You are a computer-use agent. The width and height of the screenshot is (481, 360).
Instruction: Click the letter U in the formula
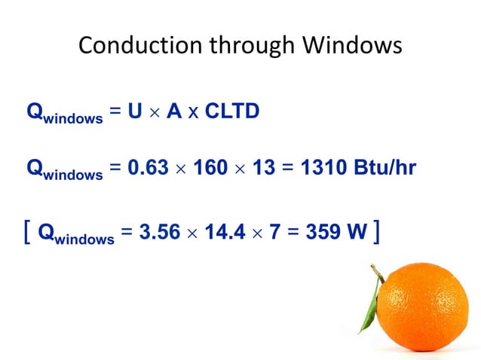(x=135, y=111)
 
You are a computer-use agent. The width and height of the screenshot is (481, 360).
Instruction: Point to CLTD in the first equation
(x=232, y=111)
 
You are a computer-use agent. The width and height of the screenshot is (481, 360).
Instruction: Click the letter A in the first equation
(x=174, y=111)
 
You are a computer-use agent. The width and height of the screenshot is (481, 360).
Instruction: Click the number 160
(x=210, y=167)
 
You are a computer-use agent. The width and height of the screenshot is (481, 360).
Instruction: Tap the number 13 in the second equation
(x=264, y=167)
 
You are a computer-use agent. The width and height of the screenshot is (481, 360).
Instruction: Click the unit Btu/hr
(x=384, y=167)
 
